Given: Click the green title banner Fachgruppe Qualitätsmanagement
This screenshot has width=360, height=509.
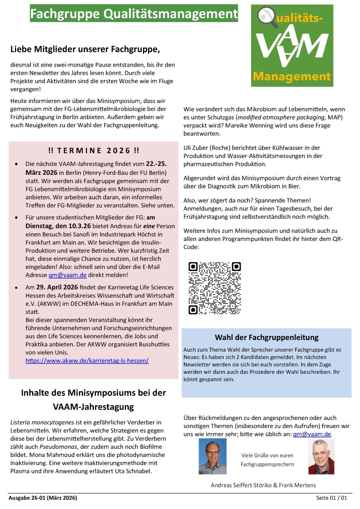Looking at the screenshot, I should point(134,14).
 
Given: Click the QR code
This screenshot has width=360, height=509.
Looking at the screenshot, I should point(214,288).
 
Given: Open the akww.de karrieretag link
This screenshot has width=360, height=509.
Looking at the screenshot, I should point(87,361).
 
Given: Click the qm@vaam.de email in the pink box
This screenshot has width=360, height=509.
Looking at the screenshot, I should point(67,275).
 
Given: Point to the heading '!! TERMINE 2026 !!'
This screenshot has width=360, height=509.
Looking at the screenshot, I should point(93,151).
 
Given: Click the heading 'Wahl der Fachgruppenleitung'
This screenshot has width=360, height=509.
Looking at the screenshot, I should point(267,338).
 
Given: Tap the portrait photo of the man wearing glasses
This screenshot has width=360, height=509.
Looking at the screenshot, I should point(212,456).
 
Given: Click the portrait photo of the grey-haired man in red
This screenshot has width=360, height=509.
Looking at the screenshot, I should point(321,456).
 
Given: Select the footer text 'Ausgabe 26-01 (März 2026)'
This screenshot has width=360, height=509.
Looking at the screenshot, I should point(43,498).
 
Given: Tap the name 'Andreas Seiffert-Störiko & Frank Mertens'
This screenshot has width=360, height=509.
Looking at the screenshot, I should point(263,485).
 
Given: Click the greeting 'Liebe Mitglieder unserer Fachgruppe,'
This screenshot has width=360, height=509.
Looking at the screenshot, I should point(85,49).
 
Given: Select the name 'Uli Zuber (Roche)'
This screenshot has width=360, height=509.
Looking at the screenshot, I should point(210,148).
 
